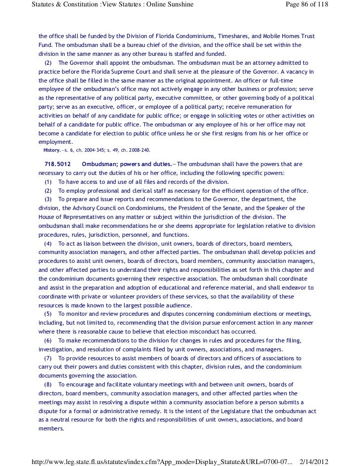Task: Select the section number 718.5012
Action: (58, 164)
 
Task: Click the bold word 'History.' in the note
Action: (52, 150)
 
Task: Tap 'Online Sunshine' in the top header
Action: (170, 5)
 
